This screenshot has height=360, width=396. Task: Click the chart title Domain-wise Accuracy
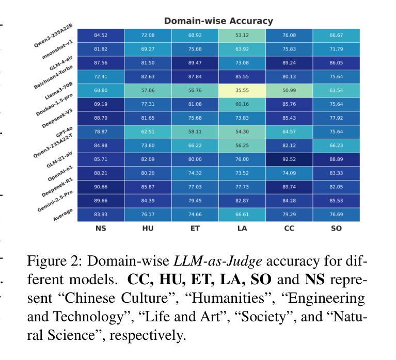(x=218, y=21)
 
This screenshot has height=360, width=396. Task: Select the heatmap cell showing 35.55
(x=242, y=90)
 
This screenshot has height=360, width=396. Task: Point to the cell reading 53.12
(x=242, y=35)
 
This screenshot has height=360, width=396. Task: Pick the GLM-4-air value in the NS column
(x=100, y=62)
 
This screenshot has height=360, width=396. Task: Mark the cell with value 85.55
(x=242, y=76)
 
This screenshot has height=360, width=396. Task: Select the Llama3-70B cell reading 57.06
(x=148, y=90)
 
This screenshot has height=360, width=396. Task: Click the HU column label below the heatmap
(x=148, y=228)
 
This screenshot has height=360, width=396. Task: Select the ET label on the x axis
(x=195, y=228)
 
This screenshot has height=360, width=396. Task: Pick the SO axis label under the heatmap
(x=336, y=228)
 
